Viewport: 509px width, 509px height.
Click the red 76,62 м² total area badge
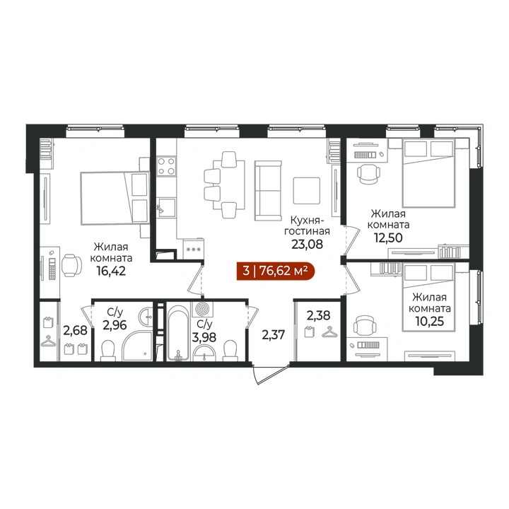click(276, 271)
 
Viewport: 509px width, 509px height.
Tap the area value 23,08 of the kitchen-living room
click(307, 244)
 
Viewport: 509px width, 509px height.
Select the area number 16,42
click(111, 270)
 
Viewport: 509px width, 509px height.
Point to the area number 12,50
click(388, 238)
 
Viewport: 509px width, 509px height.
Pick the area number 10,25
click(429, 321)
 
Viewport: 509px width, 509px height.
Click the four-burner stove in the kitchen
click(166, 166)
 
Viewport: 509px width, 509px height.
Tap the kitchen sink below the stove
click(166, 207)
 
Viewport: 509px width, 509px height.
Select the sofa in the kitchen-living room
click(268, 191)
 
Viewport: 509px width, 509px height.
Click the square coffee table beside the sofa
click(306, 191)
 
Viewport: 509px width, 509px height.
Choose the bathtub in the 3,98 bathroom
click(177, 332)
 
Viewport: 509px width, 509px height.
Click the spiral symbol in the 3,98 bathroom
click(203, 309)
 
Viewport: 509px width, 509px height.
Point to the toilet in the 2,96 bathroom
click(108, 351)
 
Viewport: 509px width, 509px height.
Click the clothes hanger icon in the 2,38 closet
click(329, 332)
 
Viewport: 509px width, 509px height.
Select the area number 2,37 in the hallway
click(273, 334)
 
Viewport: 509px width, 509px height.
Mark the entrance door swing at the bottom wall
click(270, 374)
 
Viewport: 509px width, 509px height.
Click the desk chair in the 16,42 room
click(71, 265)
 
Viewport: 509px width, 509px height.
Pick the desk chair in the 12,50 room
click(368, 174)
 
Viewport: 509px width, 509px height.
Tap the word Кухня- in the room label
click(307, 221)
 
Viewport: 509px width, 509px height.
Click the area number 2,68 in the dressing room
click(75, 330)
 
